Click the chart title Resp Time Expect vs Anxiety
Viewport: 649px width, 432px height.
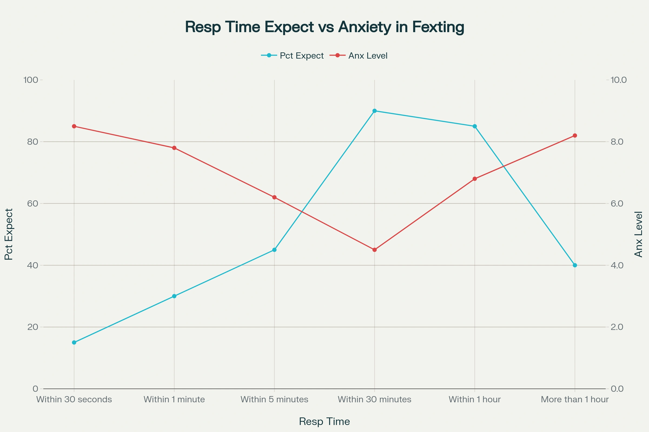[325, 27]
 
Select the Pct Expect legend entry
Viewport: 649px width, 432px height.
[293, 56]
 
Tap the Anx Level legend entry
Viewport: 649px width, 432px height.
[359, 56]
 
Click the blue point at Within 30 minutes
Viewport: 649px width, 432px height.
[375, 111]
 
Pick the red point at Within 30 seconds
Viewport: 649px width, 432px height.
[74, 126]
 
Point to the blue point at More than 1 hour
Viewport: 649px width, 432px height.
[575, 265]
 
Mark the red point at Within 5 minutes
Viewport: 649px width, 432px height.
[274, 197]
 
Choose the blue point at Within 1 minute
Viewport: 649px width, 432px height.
[174, 296]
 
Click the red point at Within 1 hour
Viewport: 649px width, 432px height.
[475, 179]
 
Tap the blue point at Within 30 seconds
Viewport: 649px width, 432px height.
[74, 342]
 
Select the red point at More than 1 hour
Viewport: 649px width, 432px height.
[575, 136]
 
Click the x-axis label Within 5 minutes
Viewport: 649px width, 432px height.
[274, 400]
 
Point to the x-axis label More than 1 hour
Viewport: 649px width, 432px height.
[575, 400]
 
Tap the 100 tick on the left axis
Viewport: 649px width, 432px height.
[31, 80]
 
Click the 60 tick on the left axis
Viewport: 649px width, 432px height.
[32, 204]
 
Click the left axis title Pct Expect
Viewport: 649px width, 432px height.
[9, 234]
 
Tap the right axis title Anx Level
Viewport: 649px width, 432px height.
[638, 234]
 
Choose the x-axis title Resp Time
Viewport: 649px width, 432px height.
[325, 421]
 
